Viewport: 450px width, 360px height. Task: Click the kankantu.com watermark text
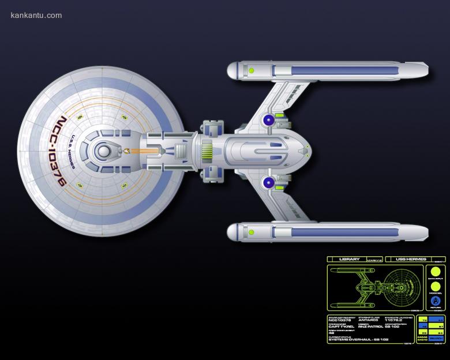[x=36, y=15]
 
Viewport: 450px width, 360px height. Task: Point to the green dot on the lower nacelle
[x=252, y=232]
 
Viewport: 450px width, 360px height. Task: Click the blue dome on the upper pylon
[x=268, y=119]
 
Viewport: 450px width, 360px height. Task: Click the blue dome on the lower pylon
[x=268, y=183]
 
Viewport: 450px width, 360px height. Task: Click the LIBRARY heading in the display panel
[x=350, y=260]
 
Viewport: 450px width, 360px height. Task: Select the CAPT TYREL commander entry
[x=341, y=327]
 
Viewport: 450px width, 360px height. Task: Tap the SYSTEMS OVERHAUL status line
[x=359, y=339]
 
